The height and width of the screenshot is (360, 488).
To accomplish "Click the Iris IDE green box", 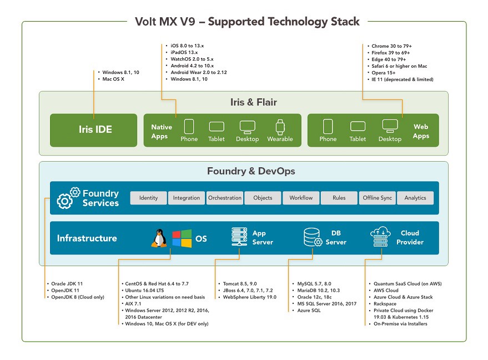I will tap(93, 130).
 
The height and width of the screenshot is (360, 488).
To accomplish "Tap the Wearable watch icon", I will tap(280, 126).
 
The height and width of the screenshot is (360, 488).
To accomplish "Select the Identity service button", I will tap(148, 198).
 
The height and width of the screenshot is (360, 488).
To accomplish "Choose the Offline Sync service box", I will tap(378, 198).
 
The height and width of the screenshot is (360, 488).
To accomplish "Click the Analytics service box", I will tap(415, 198).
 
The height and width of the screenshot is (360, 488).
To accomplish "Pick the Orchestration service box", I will tap(225, 198).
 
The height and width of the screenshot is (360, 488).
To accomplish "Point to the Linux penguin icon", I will tap(160, 238).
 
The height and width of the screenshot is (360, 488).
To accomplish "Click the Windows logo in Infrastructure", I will tap(181, 238).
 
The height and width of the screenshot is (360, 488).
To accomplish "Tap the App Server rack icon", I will tap(239, 238).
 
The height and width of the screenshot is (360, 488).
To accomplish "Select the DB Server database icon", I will tap(313, 238).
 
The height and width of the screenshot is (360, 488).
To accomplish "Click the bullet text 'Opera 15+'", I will tap(384, 73).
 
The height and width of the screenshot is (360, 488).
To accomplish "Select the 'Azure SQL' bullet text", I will tap(309, 310).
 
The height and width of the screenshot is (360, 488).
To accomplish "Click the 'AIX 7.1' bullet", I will tap(135, 304).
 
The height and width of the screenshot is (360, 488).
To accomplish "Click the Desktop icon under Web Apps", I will tap(390, 126).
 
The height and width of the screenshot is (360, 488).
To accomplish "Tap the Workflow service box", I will tap(301, 198).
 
